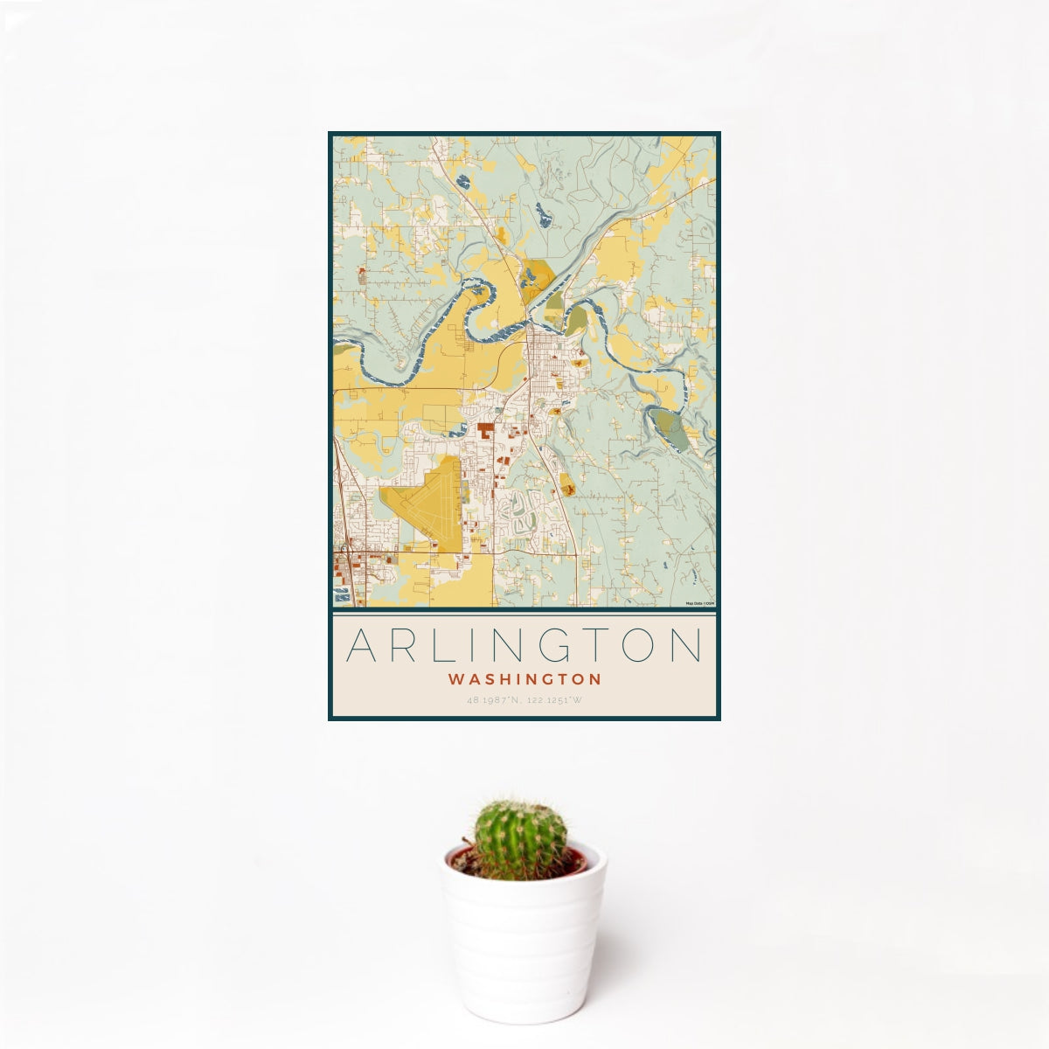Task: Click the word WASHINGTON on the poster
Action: pyautogui.click(x=524, y=678)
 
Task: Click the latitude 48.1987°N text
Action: pyautogui.click(x=495, y=700)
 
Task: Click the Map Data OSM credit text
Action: pyautogui.click(x=700, y=603)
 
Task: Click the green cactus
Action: pyautogui.click(x=519, y=839)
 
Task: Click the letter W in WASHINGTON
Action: pyautogui.click(x=455, y=678)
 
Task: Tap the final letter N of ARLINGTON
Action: pyautogui.click(x=687, y=645)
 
